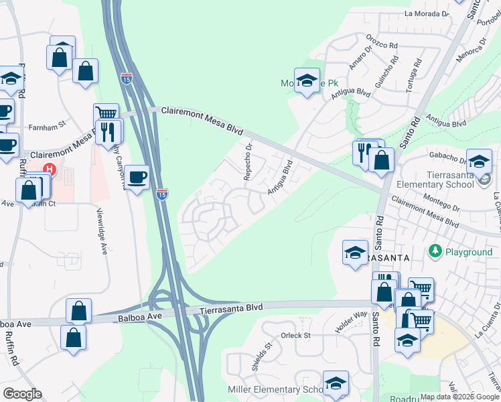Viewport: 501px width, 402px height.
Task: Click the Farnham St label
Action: [x=47, y=125]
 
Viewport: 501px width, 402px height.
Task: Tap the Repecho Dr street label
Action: [x=248, y=161]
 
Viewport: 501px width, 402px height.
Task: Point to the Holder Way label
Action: [x=352, y=324]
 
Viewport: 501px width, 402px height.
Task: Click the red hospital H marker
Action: [x=48, y=170]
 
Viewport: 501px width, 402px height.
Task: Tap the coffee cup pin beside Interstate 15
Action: [x=137, y=178]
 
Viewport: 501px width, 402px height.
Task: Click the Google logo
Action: [x=22, y=394]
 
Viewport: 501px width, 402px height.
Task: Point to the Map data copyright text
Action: [x=459, y=397]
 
